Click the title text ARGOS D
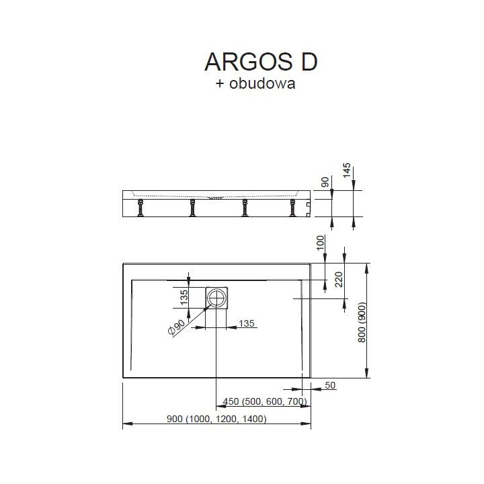tap(260, 61)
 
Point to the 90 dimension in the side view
tap(325, 182)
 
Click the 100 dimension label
tap(321, 244)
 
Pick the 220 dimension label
tap(339, 278)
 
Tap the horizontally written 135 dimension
tap(247, 325)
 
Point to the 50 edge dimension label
tap(329, 385)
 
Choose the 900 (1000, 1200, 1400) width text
tap(216, 419)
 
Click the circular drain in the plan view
tap(217, 296)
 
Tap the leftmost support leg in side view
tap(142, 209)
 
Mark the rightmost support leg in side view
tap(293, 209)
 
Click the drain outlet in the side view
tap(217, 198)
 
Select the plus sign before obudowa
tap(219, 85)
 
